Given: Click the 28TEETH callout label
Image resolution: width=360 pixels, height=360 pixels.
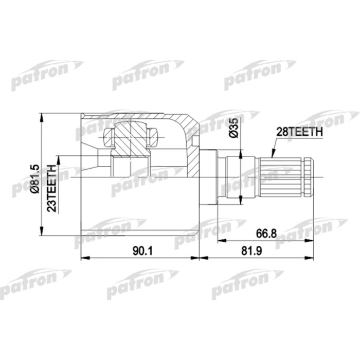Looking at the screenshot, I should tap(300, 132).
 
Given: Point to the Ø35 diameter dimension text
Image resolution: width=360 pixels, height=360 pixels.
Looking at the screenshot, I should tap(233, 127).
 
